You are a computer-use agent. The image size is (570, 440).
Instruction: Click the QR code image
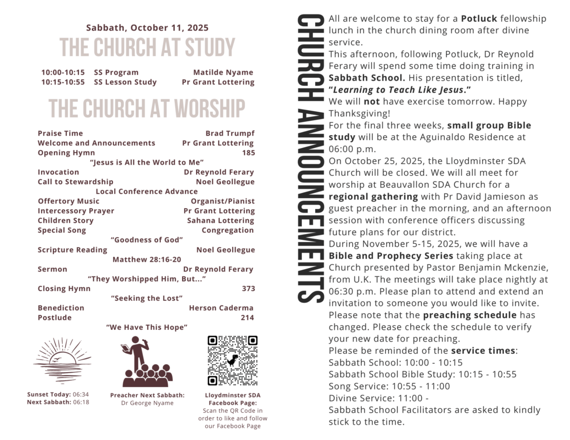pyautogui.click(x=232, y=360)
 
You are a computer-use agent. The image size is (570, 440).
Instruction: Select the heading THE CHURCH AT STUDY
pyautogui.click(x=148, y=48)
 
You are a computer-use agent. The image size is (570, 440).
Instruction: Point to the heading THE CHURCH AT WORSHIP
pyautogui.click(x=147, y=108)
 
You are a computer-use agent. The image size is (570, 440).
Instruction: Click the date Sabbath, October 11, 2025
pyautogui.click(x=148, y=28)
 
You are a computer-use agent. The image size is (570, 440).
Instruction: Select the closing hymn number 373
pyautogui.click(x=248, y=289)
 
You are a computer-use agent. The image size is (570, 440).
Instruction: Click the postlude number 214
pyautogui.click(x=248, y=318)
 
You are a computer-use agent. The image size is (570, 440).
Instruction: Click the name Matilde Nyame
pyautogui.click(x=223, y=72)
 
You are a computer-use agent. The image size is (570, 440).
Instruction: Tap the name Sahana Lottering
pyautogui.click(x=220, y=221)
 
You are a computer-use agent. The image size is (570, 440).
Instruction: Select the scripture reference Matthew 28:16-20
pyautogui.click(x=147, y=260)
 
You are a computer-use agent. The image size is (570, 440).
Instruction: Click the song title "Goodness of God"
pyautogui.click(x=147, y=240)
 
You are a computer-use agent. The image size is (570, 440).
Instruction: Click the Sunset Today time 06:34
pyautogui.click(x=81, y=394)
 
